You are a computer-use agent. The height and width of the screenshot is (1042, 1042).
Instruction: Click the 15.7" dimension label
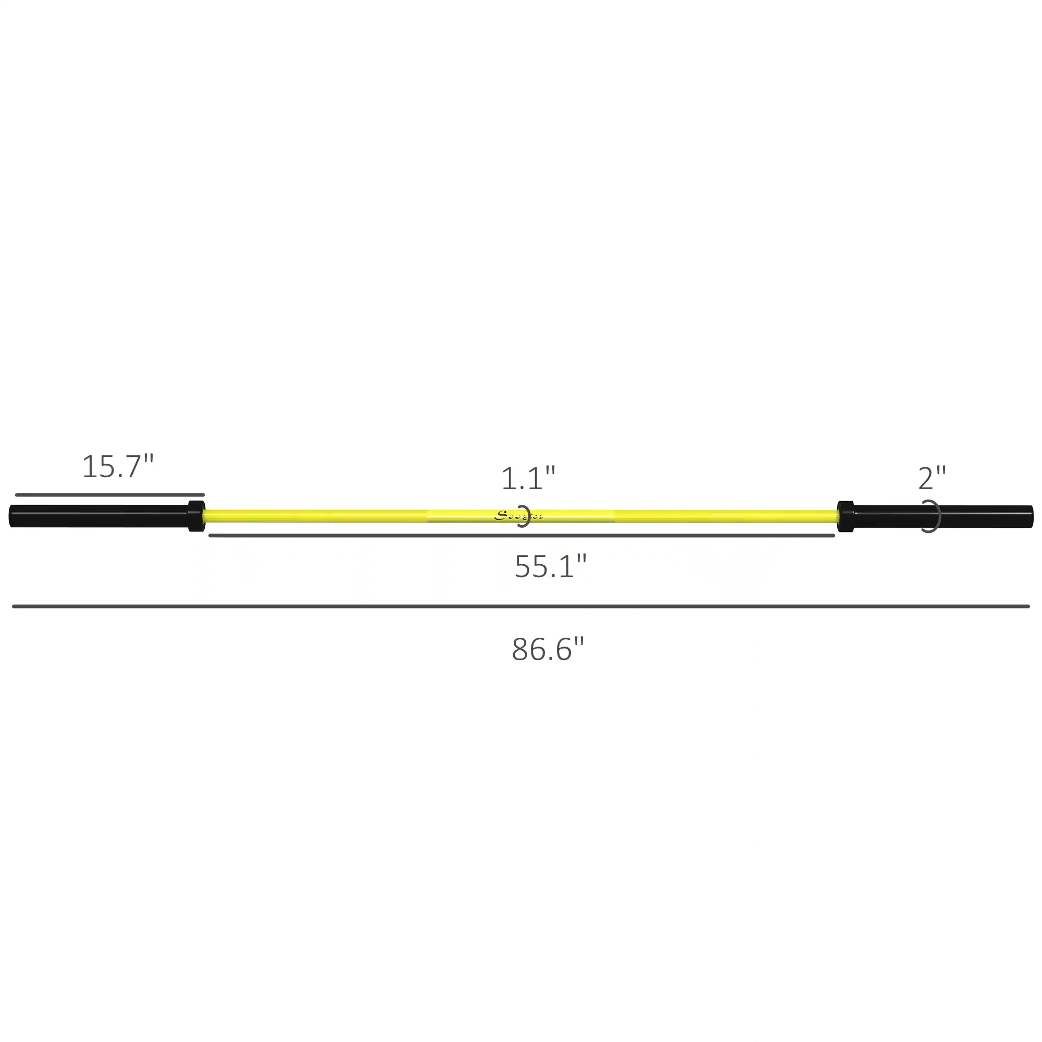[118, 466]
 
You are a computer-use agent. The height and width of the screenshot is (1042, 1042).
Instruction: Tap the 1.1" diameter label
[527, 479]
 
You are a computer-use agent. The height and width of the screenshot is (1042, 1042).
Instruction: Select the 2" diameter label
[932, 478]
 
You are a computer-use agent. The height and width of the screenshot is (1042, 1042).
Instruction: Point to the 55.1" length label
[550, 567]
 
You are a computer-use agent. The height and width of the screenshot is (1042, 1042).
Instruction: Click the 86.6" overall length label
[548, 649]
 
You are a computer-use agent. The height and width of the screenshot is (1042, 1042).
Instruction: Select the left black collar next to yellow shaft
[196, 516]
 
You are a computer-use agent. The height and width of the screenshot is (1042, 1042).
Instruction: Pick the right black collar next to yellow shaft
[845, 516]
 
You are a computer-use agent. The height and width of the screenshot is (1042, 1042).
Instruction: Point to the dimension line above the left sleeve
[109, 494]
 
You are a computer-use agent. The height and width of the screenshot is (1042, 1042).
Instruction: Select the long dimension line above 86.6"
[520, 606]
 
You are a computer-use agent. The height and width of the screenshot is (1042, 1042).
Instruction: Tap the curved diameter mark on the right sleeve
[937, 516]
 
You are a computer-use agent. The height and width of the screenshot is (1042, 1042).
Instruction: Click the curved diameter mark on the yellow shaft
[526, 516]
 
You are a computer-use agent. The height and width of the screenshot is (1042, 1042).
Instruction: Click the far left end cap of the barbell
[12, 516]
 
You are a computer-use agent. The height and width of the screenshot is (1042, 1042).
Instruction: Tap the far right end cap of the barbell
[1031, 516]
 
